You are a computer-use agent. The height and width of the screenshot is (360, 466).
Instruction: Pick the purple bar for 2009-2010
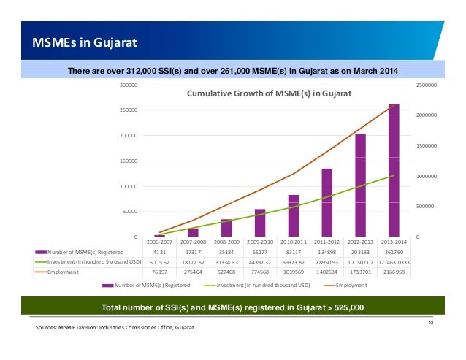(260, 223)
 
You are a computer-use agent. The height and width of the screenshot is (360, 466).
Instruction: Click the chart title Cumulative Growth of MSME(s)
(270, 94)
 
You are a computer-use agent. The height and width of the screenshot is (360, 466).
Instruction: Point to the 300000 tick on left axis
(129, 85)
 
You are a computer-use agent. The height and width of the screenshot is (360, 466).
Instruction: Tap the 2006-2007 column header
(160, 241)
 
